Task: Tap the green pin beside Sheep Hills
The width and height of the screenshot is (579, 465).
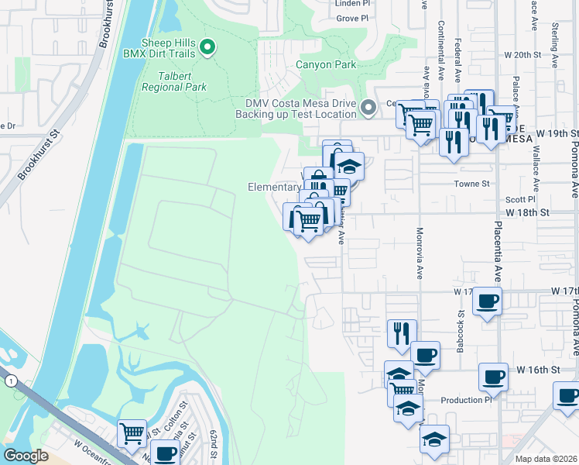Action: click(207, 48)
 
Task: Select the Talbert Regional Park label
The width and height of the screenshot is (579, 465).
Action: click(174, 82)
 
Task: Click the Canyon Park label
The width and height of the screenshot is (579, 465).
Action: click(325, 64)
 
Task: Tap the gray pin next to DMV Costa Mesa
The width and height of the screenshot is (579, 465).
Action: click(369, 108)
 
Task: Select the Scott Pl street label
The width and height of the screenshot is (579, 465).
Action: click(516, 199)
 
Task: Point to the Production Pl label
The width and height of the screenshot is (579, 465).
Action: click(466, 401)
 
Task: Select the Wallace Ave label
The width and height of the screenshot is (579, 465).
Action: click(535, 166)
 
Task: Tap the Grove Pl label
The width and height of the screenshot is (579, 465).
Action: click(352, 18)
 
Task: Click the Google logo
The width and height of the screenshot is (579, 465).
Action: click(26, 455)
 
